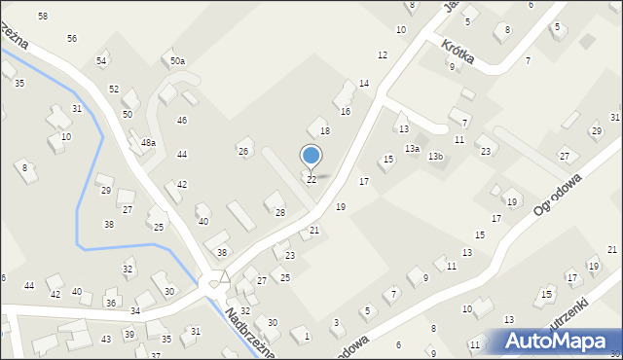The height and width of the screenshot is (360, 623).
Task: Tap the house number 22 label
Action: pos(311,180)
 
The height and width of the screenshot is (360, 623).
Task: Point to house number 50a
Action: pos(177,61)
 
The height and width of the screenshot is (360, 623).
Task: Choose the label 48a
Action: pos(148,142)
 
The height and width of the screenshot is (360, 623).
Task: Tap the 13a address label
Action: pos(413,148)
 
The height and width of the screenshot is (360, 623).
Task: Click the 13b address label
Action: pos(436,156)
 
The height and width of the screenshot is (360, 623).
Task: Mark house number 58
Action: pos(43,17)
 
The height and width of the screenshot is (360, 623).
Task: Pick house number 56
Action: pos(72,38)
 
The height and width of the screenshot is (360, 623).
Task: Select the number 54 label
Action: pos(101,61)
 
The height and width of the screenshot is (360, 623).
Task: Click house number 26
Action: pos(243,151)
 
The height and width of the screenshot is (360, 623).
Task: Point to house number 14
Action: pos(364,84)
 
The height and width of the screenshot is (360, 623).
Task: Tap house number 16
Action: pos(345,112)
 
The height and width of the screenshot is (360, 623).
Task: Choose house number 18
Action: pos(325,130)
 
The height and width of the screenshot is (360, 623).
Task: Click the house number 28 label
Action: pos(280,212)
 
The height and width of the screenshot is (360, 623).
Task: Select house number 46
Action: pos(182,120)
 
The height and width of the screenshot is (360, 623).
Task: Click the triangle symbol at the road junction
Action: pos(224,277)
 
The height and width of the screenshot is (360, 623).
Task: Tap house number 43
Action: pos(105,339)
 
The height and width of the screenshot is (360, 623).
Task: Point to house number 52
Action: pos(114,90)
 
